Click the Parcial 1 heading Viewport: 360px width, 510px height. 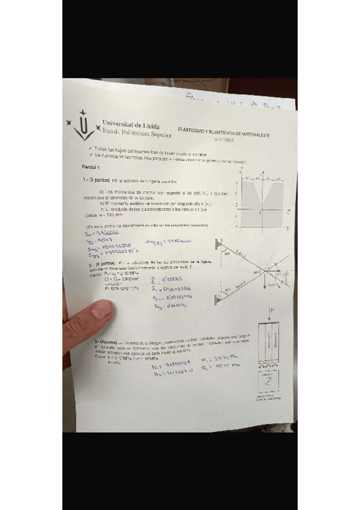click(x=93, y=167)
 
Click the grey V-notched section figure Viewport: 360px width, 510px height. click(x=261, y=202)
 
